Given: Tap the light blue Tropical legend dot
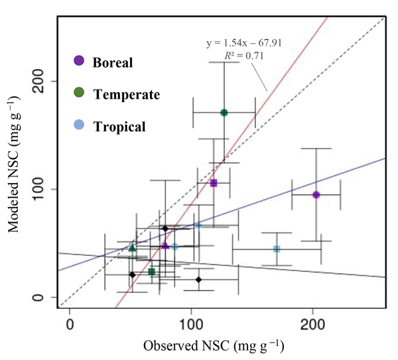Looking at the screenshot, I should coord(79,125).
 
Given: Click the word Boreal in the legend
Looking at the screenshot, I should coord(113,63).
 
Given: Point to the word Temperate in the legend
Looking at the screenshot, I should coord(127,95).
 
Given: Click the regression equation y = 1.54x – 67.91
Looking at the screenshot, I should coord(244,43).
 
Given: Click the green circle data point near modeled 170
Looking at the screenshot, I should coord(224,113).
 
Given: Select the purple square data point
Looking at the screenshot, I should coord(214,183).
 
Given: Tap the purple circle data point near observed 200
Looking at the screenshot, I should coord(316,194).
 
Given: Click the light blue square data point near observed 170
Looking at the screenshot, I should coord(277,249).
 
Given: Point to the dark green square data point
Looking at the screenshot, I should coord(152,272).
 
